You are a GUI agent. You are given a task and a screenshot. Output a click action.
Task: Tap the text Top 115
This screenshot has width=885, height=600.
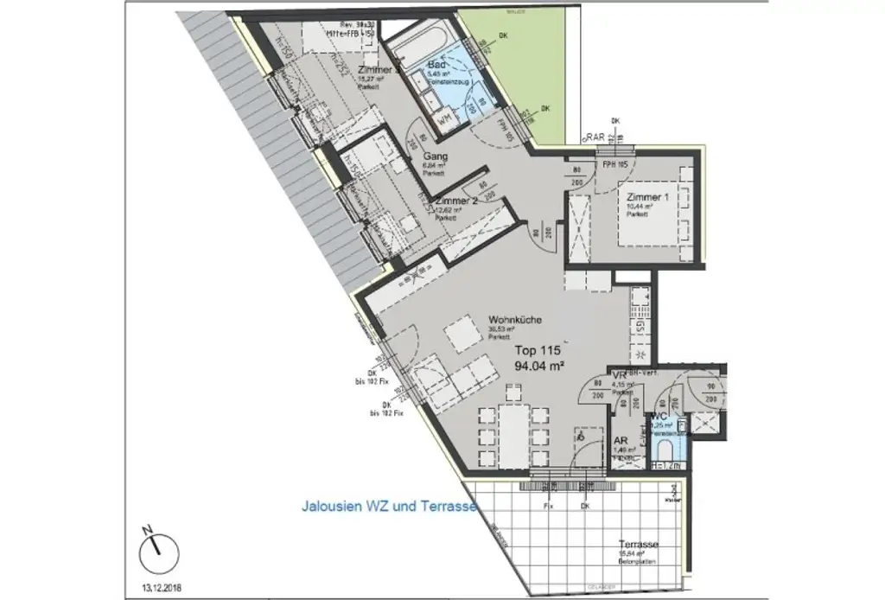pos(538,351)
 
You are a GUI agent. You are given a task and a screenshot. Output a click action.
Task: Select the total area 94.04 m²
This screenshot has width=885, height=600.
pos(539,366)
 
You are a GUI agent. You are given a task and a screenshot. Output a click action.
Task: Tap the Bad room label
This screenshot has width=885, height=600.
pos(436,66)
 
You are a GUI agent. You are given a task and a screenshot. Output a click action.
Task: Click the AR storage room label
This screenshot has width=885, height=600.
pos(620,439)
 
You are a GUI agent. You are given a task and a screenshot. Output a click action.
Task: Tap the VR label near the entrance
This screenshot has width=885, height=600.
pos(618,375)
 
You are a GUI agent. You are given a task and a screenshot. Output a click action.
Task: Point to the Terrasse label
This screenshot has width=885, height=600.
pos(640,544)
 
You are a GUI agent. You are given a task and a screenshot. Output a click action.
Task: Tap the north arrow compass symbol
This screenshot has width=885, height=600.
pos(156,548)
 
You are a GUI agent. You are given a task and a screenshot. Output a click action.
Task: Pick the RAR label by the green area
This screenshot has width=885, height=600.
pos(594,137)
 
